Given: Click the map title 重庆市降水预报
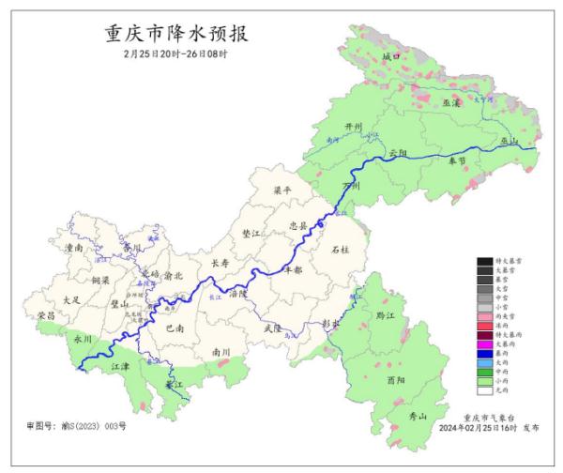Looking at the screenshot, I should tap(178, 35).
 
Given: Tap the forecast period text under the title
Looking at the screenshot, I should tap(177, 55).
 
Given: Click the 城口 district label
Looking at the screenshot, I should tap(390, 58).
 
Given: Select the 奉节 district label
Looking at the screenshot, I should tap(457, 161).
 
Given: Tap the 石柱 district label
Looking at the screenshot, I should tap(341, 251).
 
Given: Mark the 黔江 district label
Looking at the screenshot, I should tap(386, 316).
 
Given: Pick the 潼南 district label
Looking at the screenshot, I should tap(74, 249).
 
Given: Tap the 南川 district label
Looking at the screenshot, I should tap(221, 352).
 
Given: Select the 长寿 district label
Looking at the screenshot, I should tap(220, 264).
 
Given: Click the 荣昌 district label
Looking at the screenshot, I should tap(44, 316).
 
